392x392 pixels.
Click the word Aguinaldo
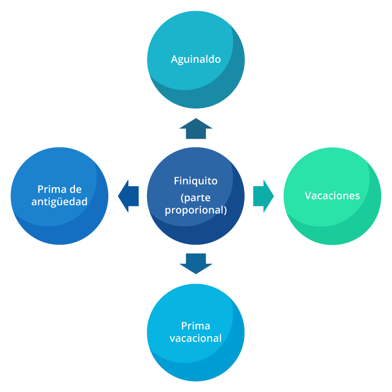(196, 59)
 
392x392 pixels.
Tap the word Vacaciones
(332, 196)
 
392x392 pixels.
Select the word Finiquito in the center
(196, 181)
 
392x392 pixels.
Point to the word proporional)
(196, 210)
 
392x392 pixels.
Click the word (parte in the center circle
(196, 198)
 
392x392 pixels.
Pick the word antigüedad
(59, 201)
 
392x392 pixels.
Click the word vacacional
(196, 338)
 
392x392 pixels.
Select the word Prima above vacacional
(196, 326)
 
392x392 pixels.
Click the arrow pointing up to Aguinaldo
(196, 128)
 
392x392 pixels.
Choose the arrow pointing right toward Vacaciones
(263, 196)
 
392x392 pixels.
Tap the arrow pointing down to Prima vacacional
(196, 264)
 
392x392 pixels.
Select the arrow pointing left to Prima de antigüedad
(128, 196)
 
